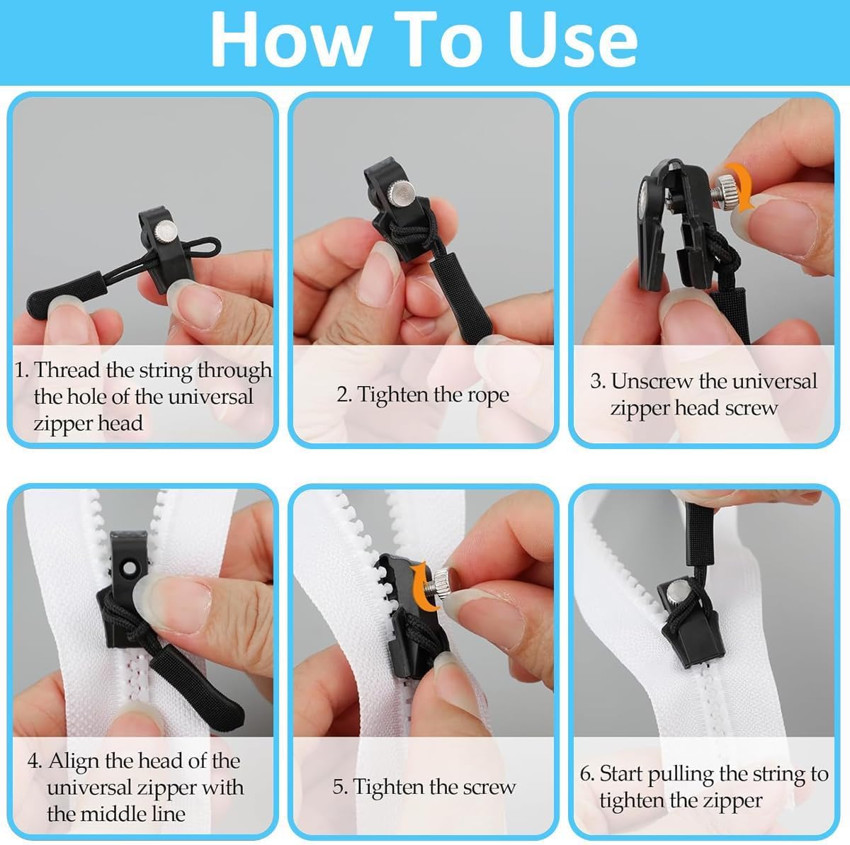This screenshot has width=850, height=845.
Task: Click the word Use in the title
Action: pyautogui.click(x=572, y=39)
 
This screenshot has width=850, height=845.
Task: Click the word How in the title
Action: pyautogui.click(x=290, y=39)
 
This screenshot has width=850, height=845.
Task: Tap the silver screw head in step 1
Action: pyautogui.click(x=166, y=231)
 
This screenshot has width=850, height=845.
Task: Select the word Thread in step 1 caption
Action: pyautogui.click(x=67, y=369)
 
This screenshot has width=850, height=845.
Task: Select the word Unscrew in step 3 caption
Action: pyautogui.click(x=652, y=380)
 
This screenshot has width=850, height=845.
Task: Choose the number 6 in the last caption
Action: pyautogui.click(x=585, y=773)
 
